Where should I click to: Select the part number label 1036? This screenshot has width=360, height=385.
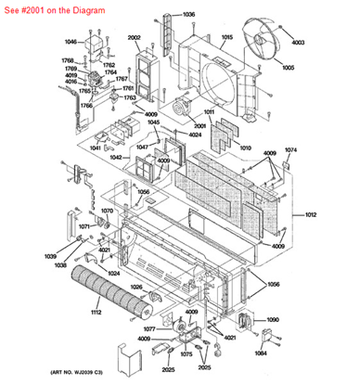tap(188, 15)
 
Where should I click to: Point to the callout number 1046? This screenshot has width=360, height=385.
tap(71, 42)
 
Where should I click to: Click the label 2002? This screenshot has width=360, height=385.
tap(134, 38)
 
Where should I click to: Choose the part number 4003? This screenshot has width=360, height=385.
tap(298, 43)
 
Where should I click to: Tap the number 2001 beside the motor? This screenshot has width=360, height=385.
tap(199, 126)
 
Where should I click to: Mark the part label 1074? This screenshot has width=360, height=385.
tap(290, 150)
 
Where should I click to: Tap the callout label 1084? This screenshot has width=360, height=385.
tap(261, 353)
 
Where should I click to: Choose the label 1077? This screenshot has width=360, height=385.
tap(148, 329)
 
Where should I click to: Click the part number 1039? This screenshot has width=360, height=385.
tap(49, 257)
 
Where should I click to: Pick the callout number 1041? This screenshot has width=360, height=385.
tap(96, 148)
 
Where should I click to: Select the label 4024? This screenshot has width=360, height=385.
tap(195, 135)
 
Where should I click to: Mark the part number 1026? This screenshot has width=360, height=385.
tap(137, 288)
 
